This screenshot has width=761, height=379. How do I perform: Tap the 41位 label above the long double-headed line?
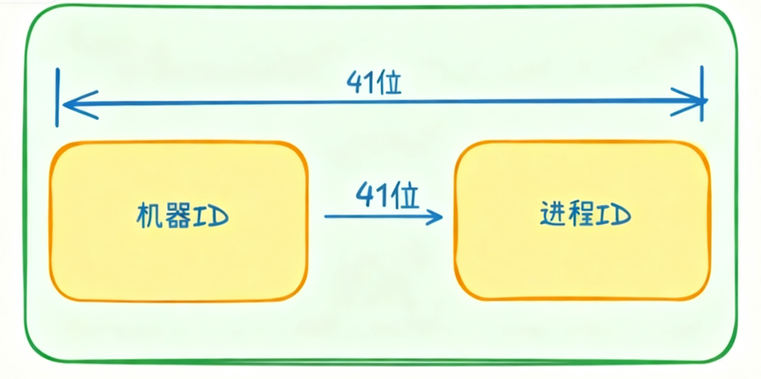coord(375,82)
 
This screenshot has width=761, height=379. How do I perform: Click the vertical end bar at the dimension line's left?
coord(57,98)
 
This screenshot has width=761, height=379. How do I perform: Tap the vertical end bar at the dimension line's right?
coord(703,93)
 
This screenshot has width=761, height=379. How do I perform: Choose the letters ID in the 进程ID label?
coord(616,215)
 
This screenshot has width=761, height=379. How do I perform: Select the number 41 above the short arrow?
coord(371,196)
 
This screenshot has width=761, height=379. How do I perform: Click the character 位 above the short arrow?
coord(404,196)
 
